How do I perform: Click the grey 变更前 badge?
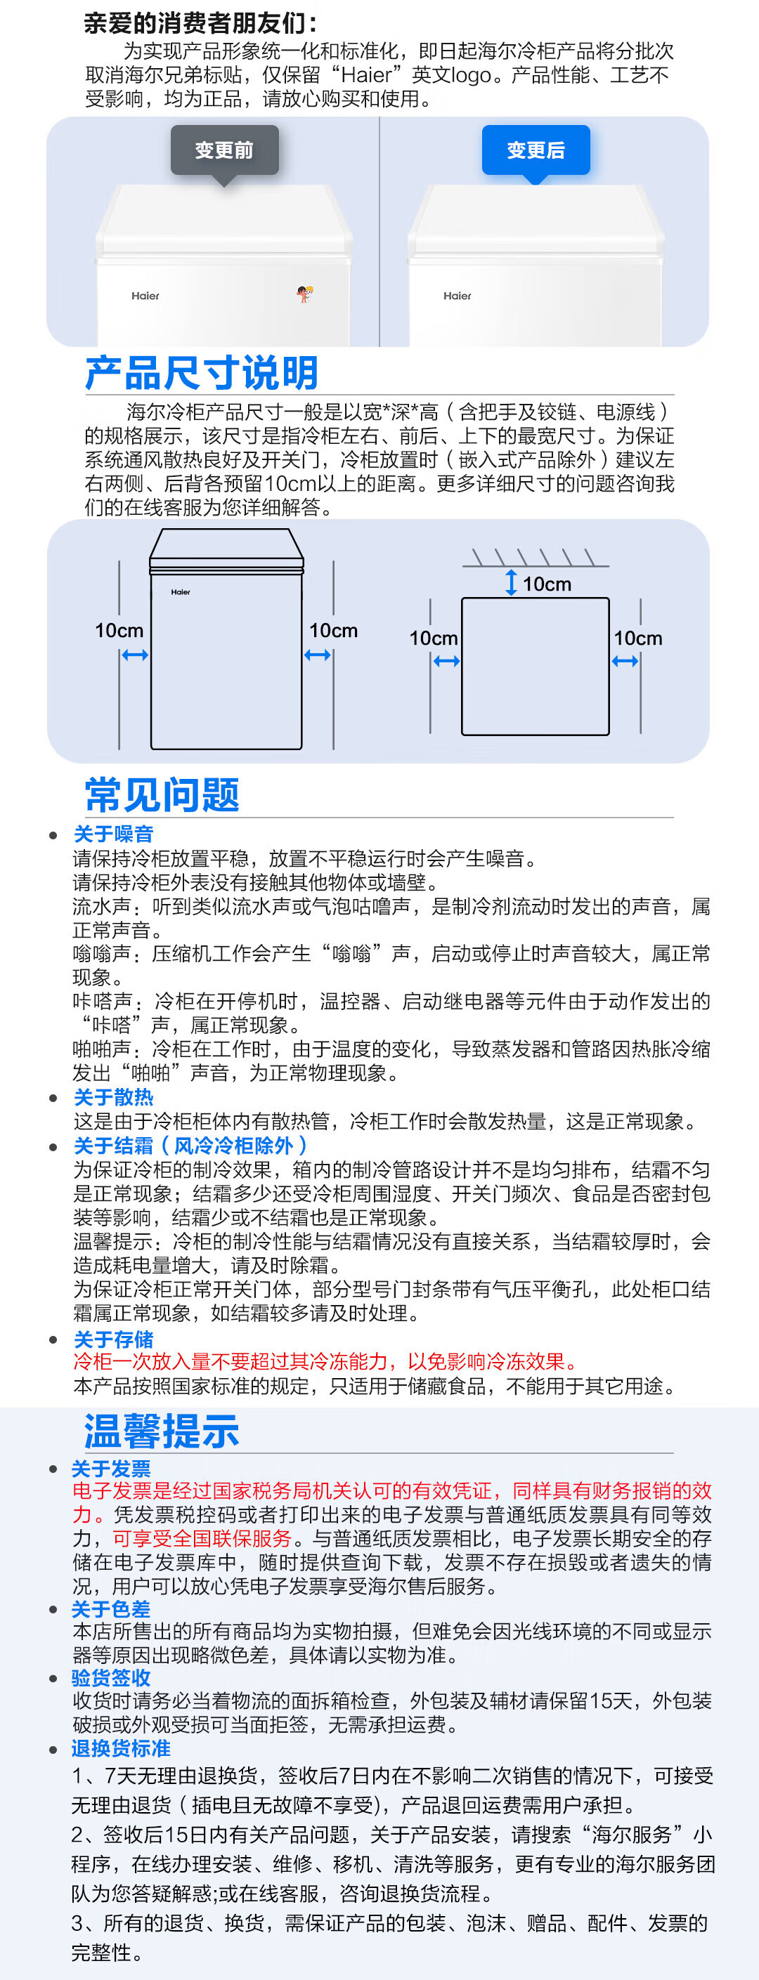click(x=223, y=150)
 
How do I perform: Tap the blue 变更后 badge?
click(x=536, y=150)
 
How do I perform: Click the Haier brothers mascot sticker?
click(x=304, y=293)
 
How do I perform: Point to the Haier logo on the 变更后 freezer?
click(x=457, y=296)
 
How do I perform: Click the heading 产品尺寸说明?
click(x=202, y=374)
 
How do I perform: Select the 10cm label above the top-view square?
click(x=547, y=584)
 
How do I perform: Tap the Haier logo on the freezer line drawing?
click(x=181, y=592)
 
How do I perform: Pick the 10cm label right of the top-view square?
click(x=637, y=638)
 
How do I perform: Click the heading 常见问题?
click(x=162, y=795)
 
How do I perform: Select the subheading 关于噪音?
click(x=114, y=834)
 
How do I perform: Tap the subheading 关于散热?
click(x=114, y=1098)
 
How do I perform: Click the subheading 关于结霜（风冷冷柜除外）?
click(x=190, y=1146)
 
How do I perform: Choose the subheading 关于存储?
click(x=114, y=1339)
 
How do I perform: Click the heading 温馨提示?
click(x=162, y=1431)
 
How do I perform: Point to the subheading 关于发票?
click(x=111, y=1469)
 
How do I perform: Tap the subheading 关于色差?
click(x=111, y=1608)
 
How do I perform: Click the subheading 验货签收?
click(x=111, y=1678)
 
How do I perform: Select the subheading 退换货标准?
click(x=121, y=1749)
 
